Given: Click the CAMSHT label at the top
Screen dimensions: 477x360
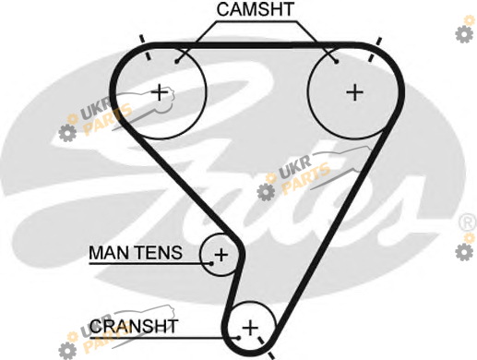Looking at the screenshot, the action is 256,9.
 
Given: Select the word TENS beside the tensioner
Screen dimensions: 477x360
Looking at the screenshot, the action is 160,253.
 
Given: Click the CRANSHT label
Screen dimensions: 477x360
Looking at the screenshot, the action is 134,326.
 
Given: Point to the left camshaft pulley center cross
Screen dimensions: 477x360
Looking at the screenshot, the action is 160,92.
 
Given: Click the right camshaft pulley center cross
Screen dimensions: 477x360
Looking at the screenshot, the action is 355,92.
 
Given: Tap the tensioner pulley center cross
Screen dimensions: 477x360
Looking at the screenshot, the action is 221,255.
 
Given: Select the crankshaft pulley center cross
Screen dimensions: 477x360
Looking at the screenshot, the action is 250,328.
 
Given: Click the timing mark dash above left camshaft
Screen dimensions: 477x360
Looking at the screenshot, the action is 145,47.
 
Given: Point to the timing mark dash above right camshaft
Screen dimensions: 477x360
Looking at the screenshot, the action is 376,49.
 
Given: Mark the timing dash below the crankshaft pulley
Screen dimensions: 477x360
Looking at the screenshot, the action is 266,348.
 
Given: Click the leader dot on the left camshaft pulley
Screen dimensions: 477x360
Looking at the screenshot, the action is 176,62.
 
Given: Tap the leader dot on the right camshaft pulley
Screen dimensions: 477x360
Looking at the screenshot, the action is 337,62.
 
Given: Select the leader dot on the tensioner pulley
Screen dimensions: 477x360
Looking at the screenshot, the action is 211,263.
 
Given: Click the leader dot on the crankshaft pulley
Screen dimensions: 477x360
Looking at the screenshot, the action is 239,338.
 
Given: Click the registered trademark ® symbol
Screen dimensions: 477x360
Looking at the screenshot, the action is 468,222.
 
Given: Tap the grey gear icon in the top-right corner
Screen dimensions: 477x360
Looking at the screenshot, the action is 464,34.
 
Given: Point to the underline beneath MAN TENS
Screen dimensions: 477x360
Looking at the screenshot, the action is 150,264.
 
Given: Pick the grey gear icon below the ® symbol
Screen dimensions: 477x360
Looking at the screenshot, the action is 464,251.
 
